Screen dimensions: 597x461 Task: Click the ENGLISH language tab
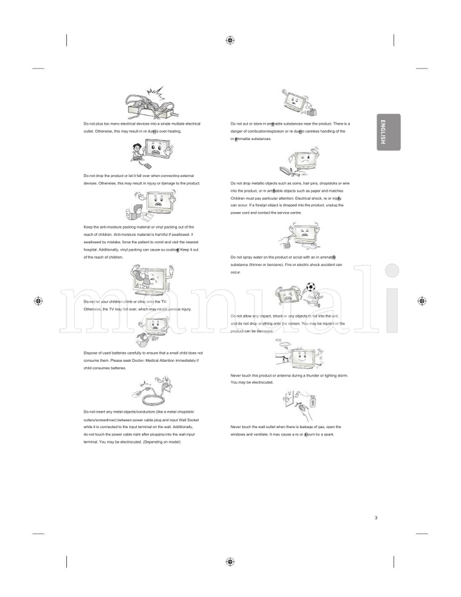pos(388,132)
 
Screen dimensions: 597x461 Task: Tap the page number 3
pos(376,518)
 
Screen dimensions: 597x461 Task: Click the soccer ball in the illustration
pos(311,286)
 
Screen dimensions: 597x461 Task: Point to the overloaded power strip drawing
pos(149,105)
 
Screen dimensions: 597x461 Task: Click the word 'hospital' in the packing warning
pos(90,250)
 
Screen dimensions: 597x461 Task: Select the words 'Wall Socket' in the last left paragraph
pos(187,420)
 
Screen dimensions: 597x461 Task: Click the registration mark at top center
pos(230,40)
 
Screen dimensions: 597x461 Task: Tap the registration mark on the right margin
pos(422,301)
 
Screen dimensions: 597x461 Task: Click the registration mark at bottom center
pos(230,561)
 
